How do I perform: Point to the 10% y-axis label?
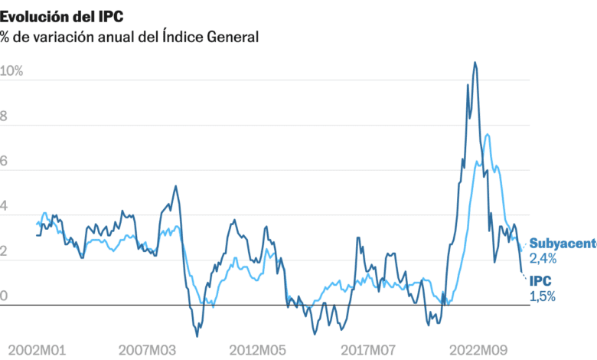click(x=12, y=71)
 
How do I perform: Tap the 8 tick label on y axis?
click(x=4, y=116)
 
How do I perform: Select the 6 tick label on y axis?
click(x=4, y=162)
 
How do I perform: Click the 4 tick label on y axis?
click(x=4, y=207)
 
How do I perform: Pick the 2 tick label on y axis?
click(x=4, y=252)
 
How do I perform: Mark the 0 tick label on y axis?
click(x=4, y=296)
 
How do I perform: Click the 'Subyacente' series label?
click(x=563, y=244)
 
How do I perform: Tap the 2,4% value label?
click(x=543, y=259)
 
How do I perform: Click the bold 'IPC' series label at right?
click(x=541, y=281)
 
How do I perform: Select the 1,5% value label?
click(x=543, y=296)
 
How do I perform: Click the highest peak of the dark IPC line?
click(x=475, y=63)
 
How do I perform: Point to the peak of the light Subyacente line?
click(x=488, y=135)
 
